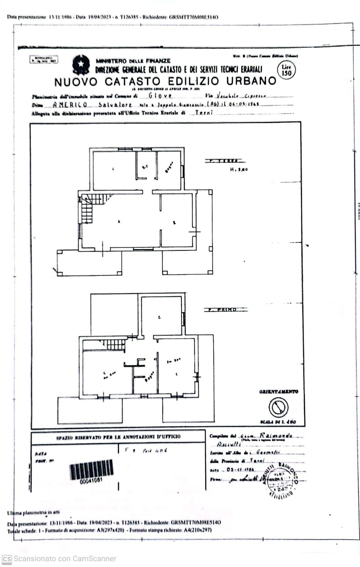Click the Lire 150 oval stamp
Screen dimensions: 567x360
(286, 70)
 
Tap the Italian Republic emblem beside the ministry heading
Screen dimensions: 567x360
(81, 65)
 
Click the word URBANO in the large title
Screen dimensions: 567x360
(251, 81)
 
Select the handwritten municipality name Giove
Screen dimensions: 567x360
(160, 96)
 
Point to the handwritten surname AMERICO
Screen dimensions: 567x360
(70, 105)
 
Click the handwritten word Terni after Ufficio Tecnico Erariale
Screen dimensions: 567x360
(204, 113)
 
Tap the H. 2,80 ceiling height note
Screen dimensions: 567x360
(239, 169)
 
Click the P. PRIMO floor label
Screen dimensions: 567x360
(226, 310)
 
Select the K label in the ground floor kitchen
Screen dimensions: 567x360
(174, 223)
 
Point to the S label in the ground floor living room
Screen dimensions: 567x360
(119, 222)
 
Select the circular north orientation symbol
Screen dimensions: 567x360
(278, 407)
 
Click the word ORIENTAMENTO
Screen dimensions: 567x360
(279, 392)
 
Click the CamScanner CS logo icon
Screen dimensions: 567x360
(6, 559)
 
